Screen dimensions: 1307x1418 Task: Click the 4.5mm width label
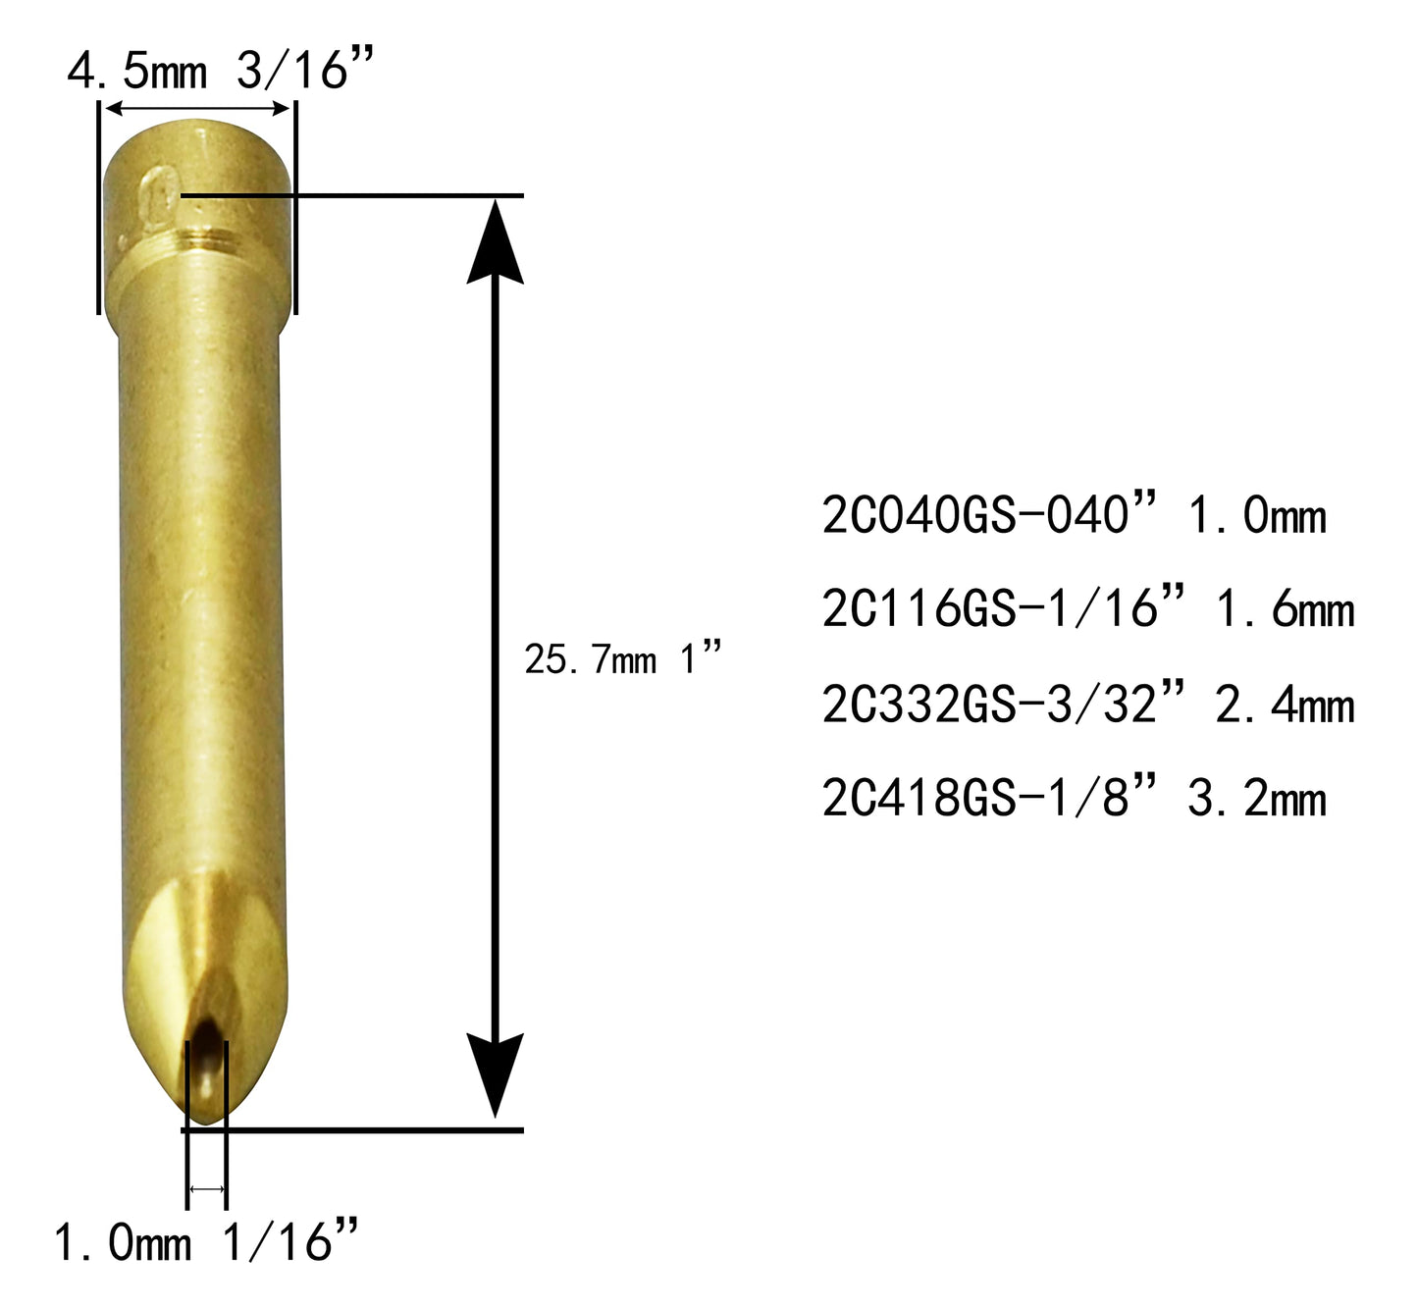(137, 71)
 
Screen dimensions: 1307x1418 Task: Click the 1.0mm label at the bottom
(123, 1243)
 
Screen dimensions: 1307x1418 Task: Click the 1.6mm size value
(1286, 610)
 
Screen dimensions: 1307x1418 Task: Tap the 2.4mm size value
(1286, 706)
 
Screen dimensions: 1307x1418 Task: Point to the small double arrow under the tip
(207, 1189)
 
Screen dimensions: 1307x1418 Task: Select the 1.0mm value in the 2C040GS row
(1257, 516)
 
